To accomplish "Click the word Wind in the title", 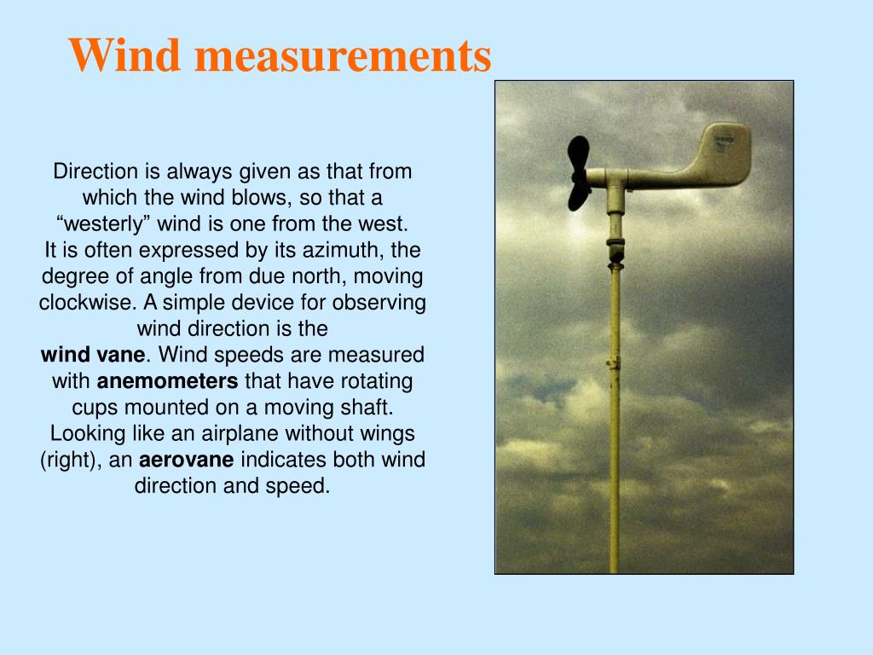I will tap(125, 55).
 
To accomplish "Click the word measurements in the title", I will tap(343, 55).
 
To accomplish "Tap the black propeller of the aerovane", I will tap(579, 173).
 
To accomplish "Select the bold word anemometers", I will tap(167, 380).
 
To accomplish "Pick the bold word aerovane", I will tap(187, 461).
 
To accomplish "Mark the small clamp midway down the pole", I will tap(614, 362).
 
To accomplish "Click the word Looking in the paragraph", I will tap(88, 433).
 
